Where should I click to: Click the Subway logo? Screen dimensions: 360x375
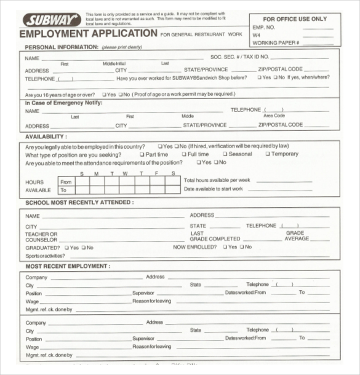pos(51,20)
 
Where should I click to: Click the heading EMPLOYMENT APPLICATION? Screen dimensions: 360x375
pos(88,34)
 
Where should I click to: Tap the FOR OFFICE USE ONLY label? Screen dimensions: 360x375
pos(295,19)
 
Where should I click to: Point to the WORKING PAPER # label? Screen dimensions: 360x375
pos(276,42)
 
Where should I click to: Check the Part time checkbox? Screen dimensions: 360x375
pos(142,154)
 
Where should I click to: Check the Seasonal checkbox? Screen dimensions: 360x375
pos(225,154)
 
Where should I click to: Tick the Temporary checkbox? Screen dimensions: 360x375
pos(268,154)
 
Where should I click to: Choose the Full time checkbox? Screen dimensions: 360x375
pos(183,154)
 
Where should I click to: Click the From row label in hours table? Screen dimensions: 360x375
pos(66,182)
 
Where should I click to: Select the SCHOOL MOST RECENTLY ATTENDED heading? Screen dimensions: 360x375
pos(79,202)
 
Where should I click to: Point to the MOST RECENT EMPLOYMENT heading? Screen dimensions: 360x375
pos(68,266)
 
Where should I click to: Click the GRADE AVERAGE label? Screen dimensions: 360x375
pos(296,236)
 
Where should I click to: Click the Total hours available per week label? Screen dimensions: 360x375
pos(217,180)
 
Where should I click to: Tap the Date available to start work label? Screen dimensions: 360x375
pos(214,189)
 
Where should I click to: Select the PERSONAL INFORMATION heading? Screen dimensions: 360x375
pos(62,47)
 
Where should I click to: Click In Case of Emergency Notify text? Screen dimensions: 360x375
pos(63,102)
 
